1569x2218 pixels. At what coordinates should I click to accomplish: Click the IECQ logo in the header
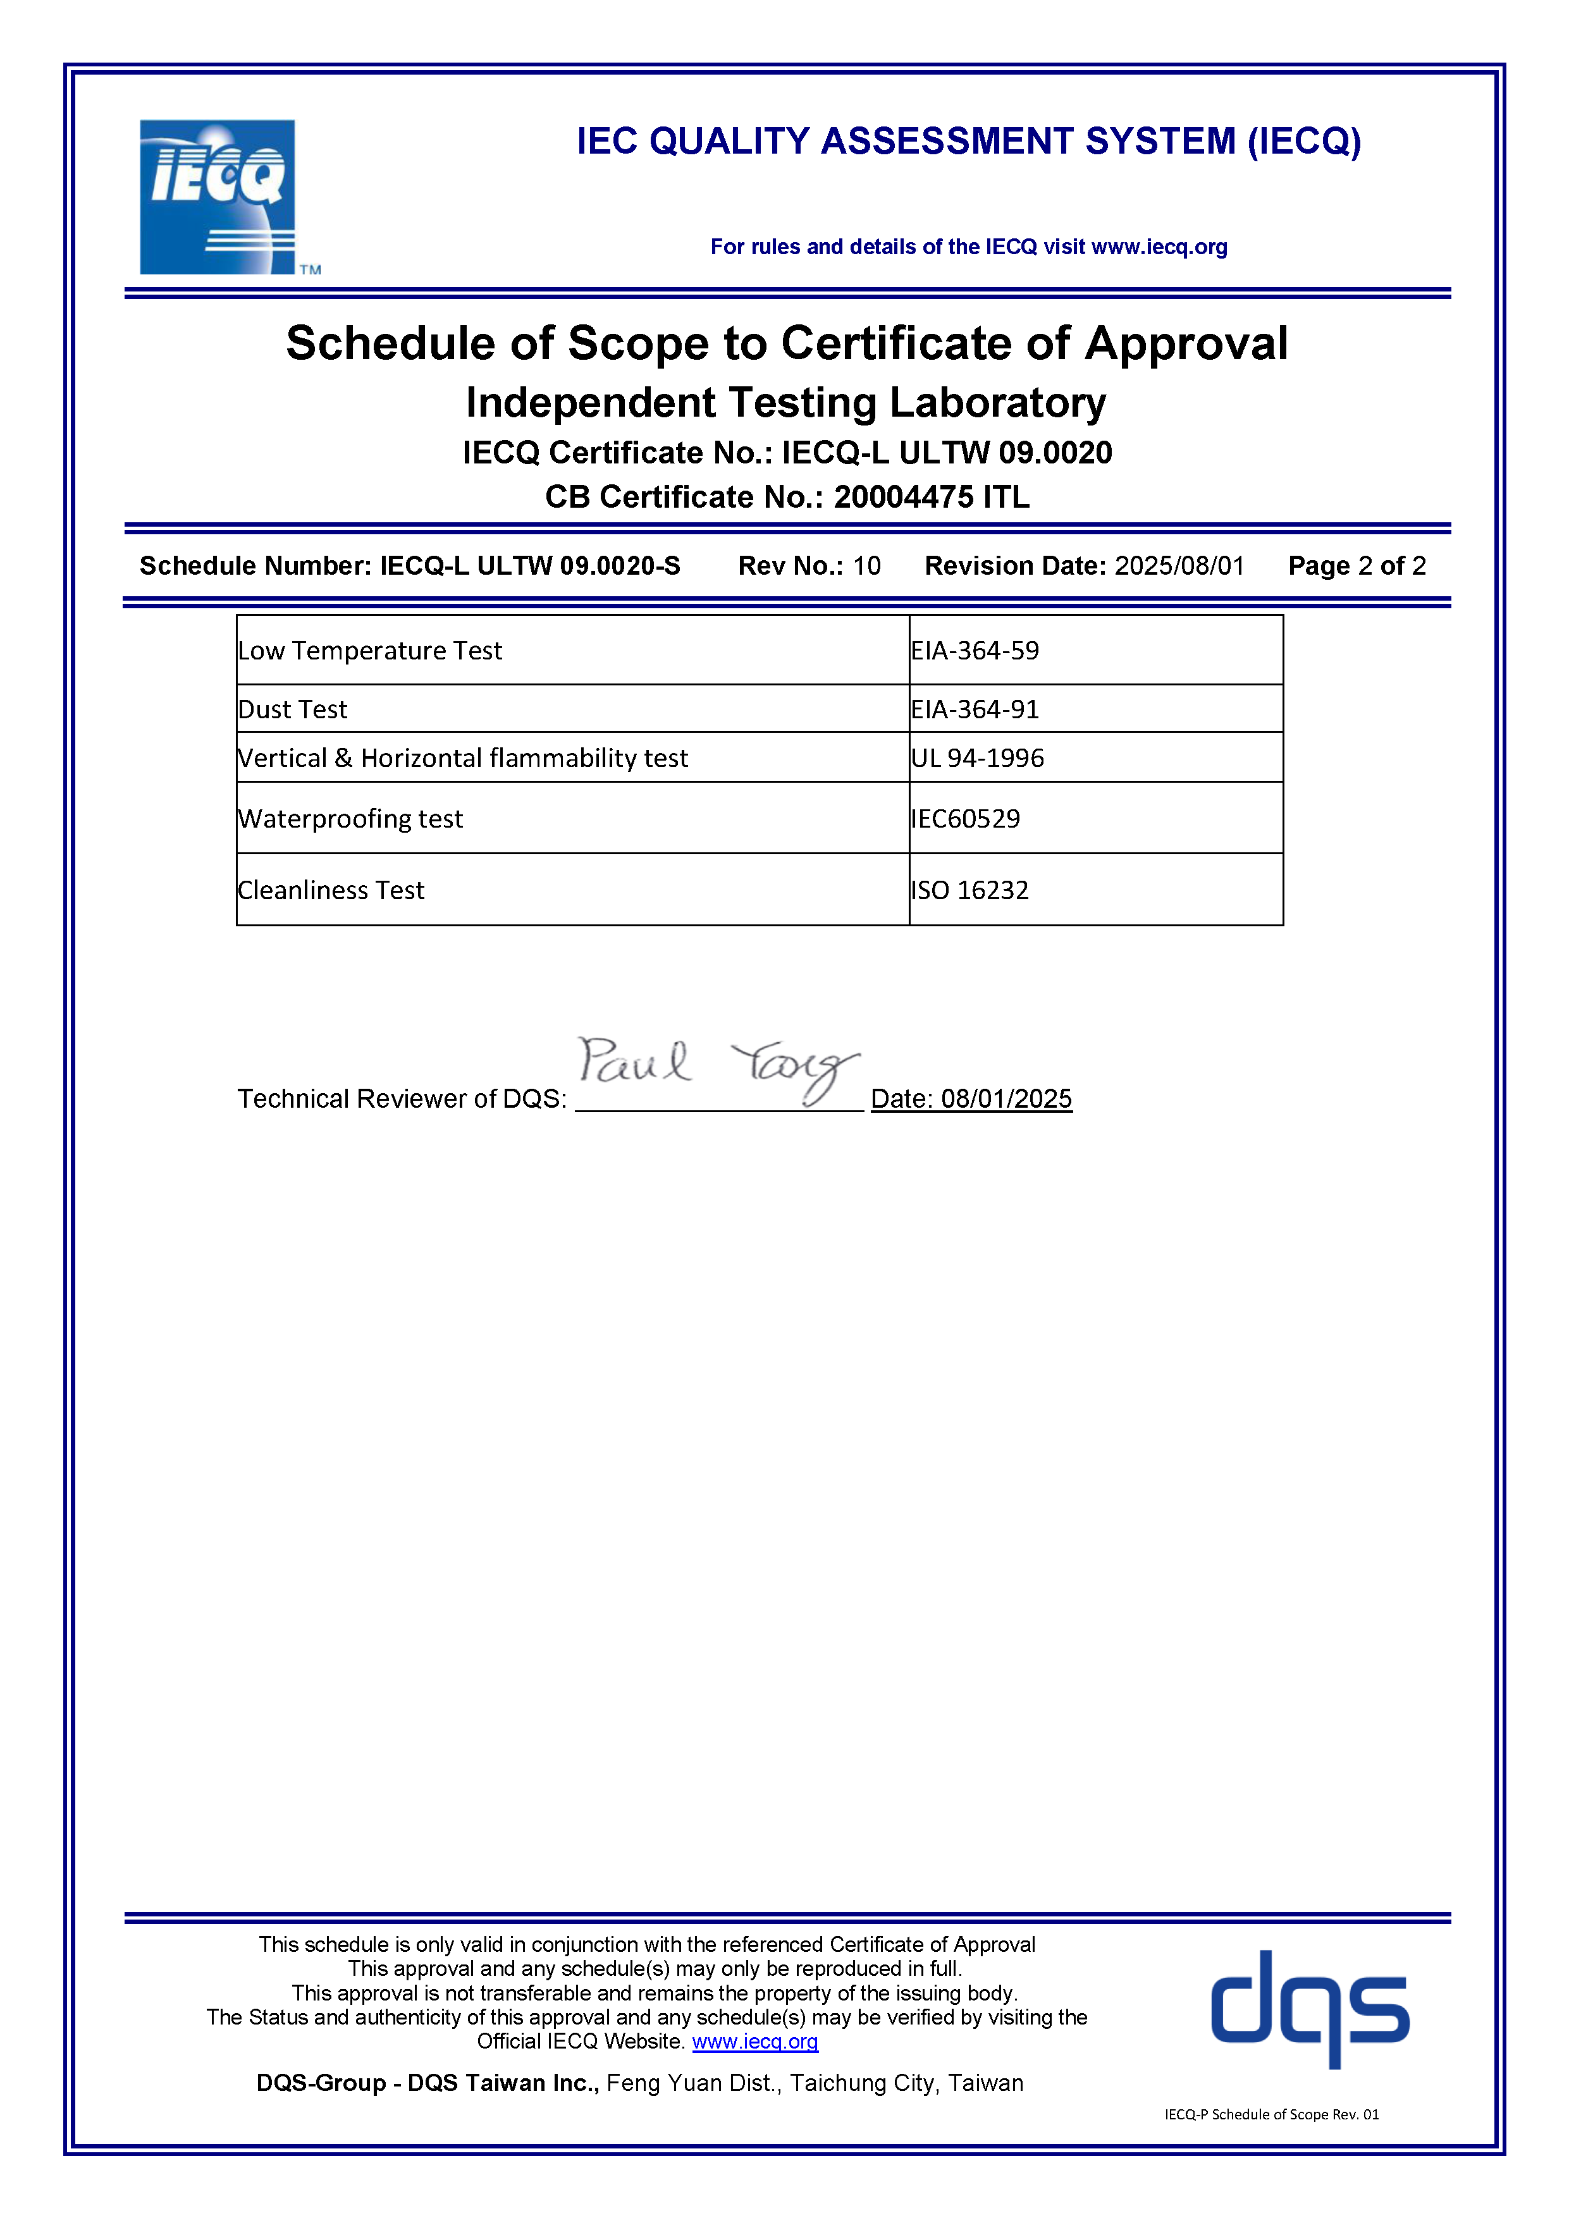(x=218, y=197)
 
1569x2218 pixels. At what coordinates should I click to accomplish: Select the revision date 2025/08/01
(x=1179, y=566)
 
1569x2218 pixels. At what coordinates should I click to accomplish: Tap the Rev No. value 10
(x=866, y=566)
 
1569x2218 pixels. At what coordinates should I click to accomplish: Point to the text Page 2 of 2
(x=1357, y=566)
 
